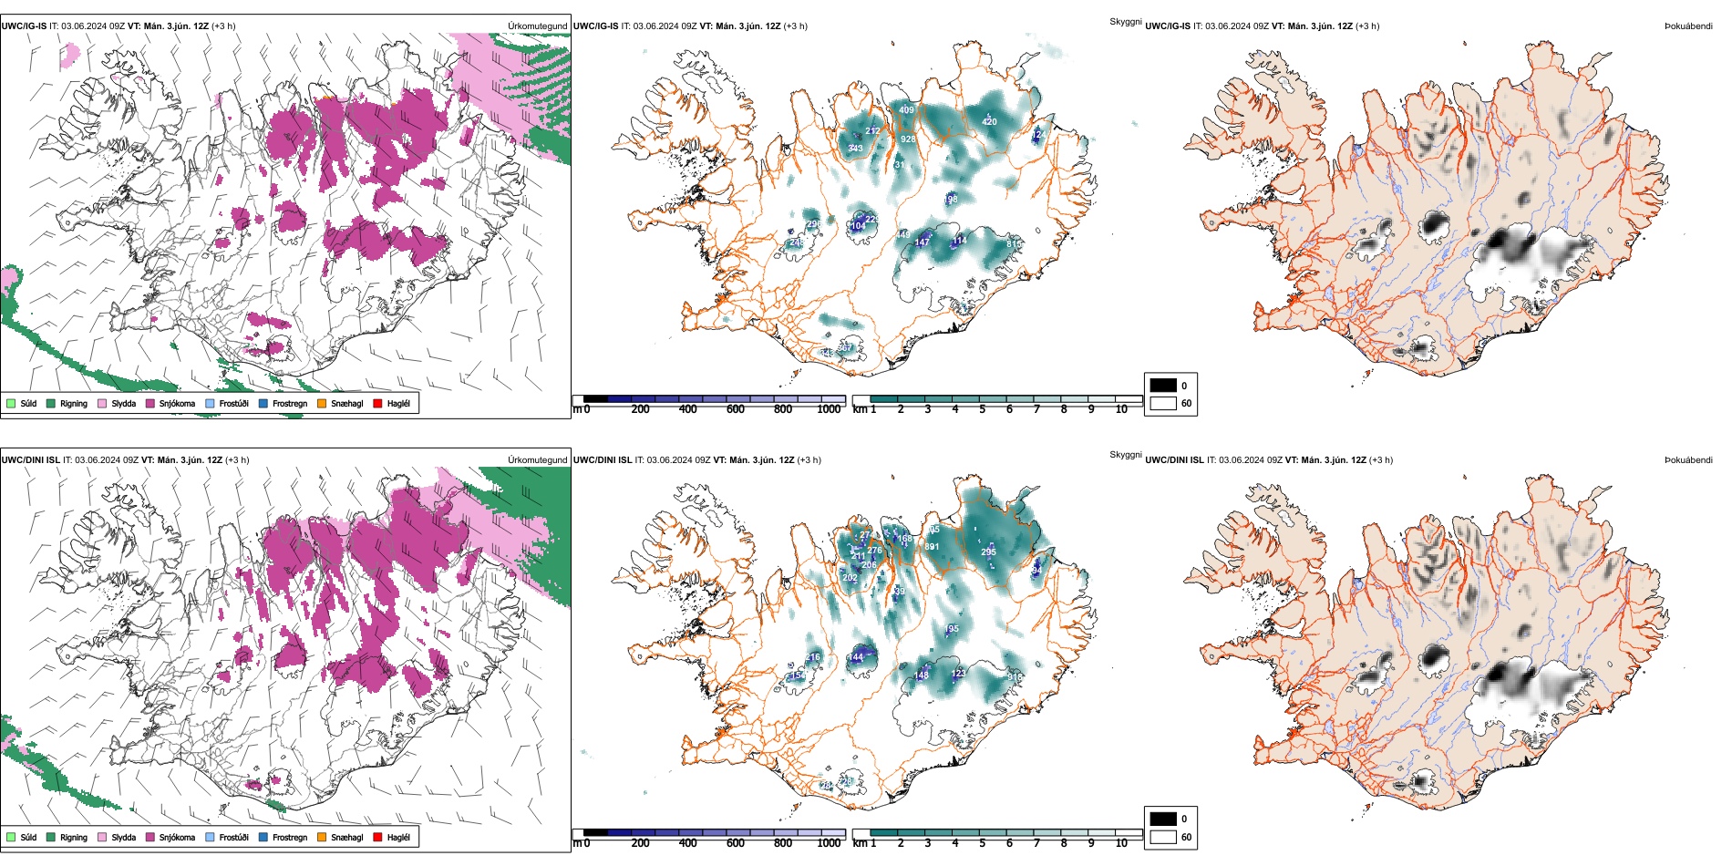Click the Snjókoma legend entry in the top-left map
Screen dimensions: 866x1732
click(177, 403)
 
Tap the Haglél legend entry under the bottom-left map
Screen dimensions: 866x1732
click(398, 837)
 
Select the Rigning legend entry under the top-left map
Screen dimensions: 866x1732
click(74, 403)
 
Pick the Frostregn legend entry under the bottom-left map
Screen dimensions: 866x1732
click(290, 837)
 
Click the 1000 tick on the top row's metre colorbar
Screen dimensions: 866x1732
click(829, 409)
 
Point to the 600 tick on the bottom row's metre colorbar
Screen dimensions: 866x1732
click(736, 843)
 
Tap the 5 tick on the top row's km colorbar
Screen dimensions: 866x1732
click(982, 409)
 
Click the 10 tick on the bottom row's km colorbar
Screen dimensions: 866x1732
click(1121, 843)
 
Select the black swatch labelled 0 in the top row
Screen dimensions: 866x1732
click(1163, 386)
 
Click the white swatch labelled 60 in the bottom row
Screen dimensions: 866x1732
click(1163, 837)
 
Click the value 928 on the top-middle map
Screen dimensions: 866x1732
click(908, 139)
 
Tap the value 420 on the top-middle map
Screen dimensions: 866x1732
click(989, 121)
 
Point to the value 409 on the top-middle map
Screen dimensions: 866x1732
click(906, 110)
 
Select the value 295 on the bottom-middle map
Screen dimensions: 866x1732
click(988, 552)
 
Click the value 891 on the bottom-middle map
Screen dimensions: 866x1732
click(932, 547)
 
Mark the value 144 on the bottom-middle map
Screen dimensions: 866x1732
click(855, 657)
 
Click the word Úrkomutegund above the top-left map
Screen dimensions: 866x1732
click(537, 26)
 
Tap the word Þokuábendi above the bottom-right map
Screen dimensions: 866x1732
click(1688, 460)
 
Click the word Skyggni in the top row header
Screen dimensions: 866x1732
click(1125, 22)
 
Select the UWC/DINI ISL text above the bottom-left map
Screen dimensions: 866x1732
click(30, 460)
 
